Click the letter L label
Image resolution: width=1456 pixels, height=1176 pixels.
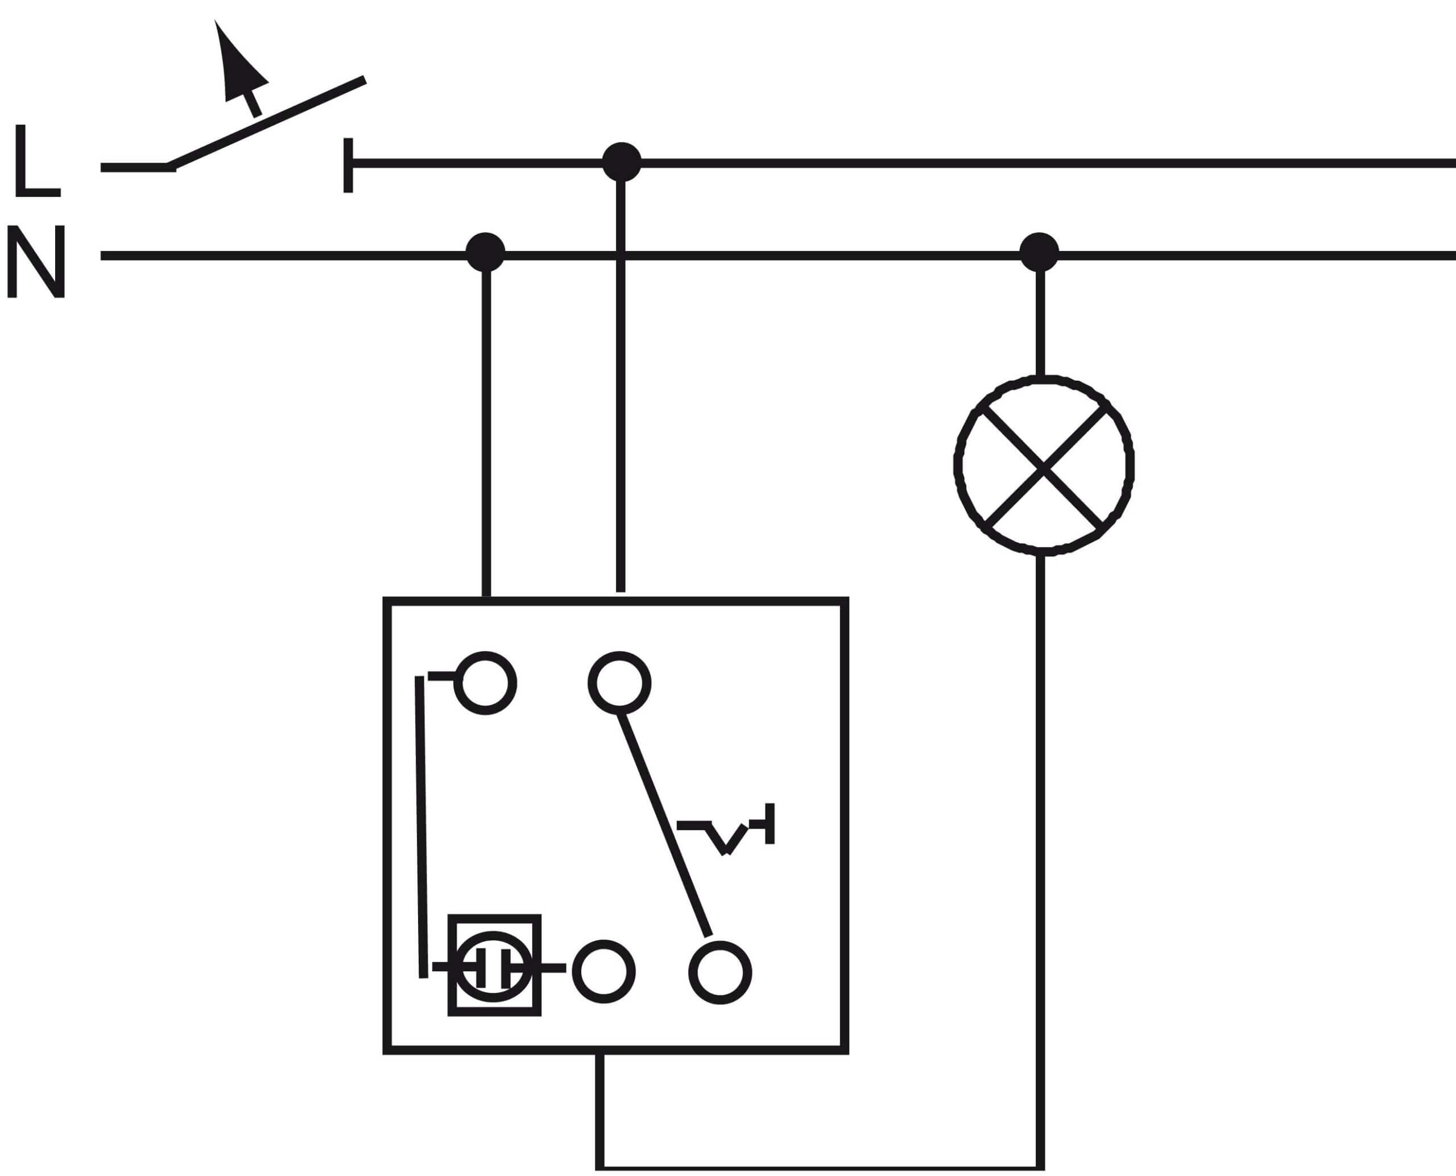(37, 160)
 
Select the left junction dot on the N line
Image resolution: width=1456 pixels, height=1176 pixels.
(486, 252)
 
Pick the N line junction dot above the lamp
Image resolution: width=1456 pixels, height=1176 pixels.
(1039, 252)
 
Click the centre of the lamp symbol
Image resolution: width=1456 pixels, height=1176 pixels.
(1044, 466)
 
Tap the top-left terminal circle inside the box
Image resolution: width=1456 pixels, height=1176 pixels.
(485, 683)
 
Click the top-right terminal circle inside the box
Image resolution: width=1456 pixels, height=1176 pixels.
(619, 683)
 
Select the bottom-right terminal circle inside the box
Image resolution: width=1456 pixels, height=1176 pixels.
(720, 972)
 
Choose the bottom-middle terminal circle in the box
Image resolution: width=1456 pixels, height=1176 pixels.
(603, 971)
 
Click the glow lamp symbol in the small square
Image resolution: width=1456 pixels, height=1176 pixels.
(494, 966)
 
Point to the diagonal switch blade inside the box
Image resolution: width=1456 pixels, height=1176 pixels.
(664, 824)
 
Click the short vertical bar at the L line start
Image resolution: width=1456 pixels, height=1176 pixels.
(348, 166)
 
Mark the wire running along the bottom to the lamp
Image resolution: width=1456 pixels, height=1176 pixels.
(820, 1169)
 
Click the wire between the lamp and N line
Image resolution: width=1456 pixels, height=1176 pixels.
(1040, 323)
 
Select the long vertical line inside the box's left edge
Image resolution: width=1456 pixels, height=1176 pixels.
(421, 827)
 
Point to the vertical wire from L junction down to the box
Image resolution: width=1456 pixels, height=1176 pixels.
(621, 386)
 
